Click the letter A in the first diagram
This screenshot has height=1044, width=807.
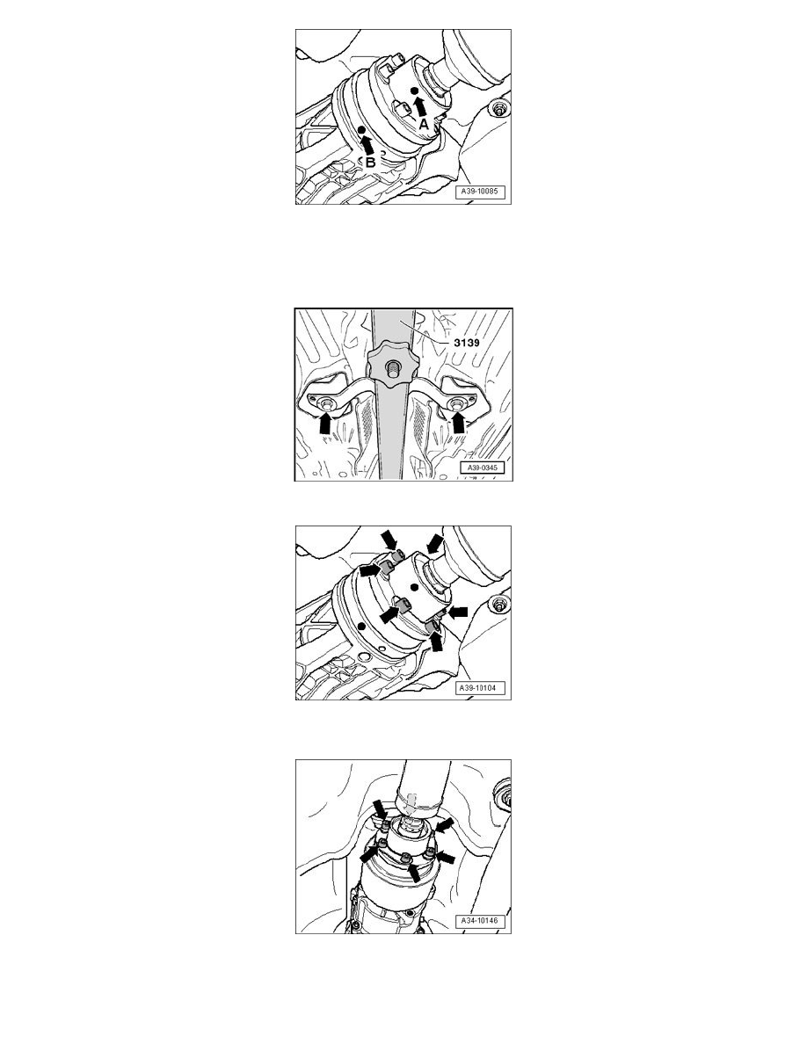pyautogui.click(x=424, y=124)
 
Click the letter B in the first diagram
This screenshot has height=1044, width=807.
pyautogui.click(x=370, y=162)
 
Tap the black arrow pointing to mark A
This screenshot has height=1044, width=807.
pyautogui.click(x=419, y=105)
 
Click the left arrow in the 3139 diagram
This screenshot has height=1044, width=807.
pyautogui.click(x=325, y=424)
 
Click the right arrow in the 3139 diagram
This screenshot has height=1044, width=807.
pyautogui.click(x=458, y=423)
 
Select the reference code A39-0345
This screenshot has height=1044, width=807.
pyautogui.click(x=483, y=468)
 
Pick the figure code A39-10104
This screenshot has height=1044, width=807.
pyautogui.click(x=481, y=688)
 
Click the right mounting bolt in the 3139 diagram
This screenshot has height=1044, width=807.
pyautogui.click(x=457, y=404)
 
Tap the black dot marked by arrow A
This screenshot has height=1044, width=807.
pyautogui.click(x=414, y=91)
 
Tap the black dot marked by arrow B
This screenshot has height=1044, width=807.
pyautogui.click(x=361, y=130)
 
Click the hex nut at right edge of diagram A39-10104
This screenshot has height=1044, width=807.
pyautogui.click(x=498, y=605)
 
